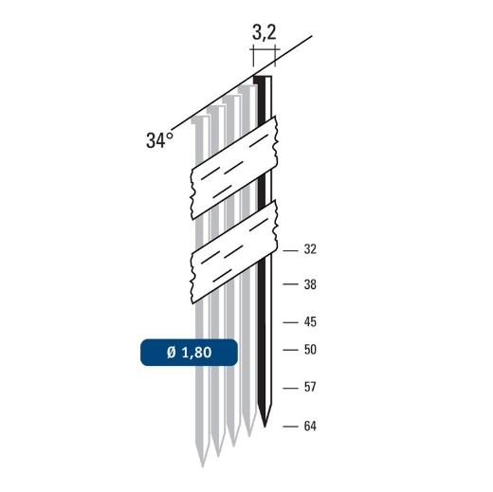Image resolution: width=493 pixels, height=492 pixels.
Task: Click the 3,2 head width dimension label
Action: coord(265,33)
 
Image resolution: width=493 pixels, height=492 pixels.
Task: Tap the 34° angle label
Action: coord(160,140)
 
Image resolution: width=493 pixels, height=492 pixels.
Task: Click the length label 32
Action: coord(309,250)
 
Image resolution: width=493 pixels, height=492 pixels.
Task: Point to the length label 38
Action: coord(309,284)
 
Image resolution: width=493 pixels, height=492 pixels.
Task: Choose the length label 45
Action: coord(309,321)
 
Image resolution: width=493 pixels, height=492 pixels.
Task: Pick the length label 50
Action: coord(309,349)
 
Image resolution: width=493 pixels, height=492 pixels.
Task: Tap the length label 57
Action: coord(309,387)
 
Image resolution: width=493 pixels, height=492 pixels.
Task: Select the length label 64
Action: coord(309,426)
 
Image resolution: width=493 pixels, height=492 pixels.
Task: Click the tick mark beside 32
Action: coord(290,250)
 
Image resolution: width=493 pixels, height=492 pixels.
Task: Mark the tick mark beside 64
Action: coord(290,426)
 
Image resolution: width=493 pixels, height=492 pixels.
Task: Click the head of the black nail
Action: coord(263,79)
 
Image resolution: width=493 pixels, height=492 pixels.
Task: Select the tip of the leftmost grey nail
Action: coord(201,464)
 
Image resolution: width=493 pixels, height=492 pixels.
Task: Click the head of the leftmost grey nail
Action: coord(199,121)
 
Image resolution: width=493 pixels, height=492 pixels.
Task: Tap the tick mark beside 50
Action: coord(290,349)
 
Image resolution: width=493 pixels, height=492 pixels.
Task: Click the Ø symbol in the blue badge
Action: coord(172,353)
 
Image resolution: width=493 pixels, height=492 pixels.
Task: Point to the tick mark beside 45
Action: coord(290,321)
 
